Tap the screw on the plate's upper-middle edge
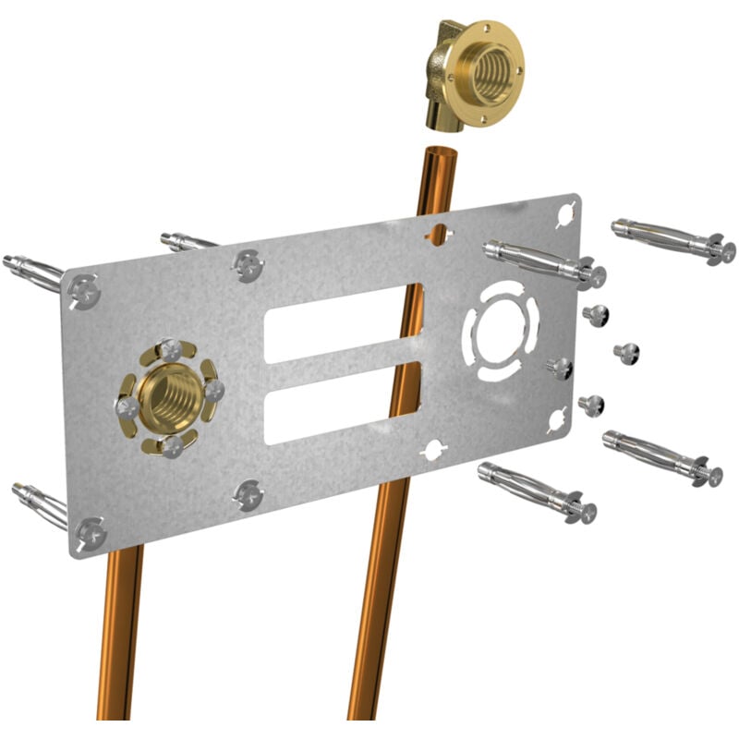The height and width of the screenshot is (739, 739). pyautogui.click(x=248, y=264)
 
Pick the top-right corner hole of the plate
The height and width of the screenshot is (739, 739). pyautogui.click(x=565, y=214)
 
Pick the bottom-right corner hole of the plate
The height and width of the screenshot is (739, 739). pyautogui.click(x=557, y=419)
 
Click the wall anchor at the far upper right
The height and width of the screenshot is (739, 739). pyautogui.click(x=673, y=240)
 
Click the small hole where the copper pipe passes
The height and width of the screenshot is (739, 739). pyautogui.click(x=440, y=233)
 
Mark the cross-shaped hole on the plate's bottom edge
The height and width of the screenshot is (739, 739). pyautogui.click(x=431, y=452)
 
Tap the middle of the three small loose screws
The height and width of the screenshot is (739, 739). pyautogui.click(x=625, y=352)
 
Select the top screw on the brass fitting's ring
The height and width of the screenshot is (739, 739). pyautogui.click(x=172, y=349)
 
